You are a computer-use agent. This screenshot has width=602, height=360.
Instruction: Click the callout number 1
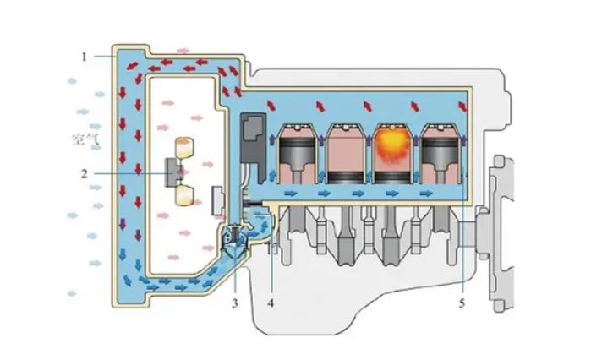pyautogui.click(x=85, y=57)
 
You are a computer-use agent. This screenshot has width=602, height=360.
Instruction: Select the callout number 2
pyautogui.click(x=85, y=174)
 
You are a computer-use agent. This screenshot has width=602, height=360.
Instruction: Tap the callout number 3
pyautogui.click(x=234, y=303)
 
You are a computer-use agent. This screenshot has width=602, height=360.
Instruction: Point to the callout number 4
pyautogui.click(x=271, y=303)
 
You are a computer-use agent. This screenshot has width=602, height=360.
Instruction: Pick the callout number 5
pyautogui.click(x=462, y=303)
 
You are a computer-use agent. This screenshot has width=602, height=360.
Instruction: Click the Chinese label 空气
pyautogui.click(x=85, y=139)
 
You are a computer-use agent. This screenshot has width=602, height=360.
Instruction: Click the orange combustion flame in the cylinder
pyautogui.click(x=392, y=145)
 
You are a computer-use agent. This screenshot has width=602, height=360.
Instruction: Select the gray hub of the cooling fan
pyautogui.click(x=172, y=172)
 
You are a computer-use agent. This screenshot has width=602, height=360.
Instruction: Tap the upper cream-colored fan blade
pyautogui.click(x=184, y=148)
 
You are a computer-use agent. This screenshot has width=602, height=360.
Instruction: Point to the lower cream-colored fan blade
pyautogui.click(x=184, y=196)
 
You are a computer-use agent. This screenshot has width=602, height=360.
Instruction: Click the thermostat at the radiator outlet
pyautogui.click(x=234, y=238)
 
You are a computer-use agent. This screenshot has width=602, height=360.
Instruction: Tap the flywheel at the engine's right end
pyautogui.click(x=502, y=233)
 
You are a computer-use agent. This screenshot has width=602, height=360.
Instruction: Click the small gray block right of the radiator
pyautogui.click(x=218, y=201)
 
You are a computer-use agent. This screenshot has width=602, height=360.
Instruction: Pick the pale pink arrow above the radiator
pyautogui.click(x=183, y=51)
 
